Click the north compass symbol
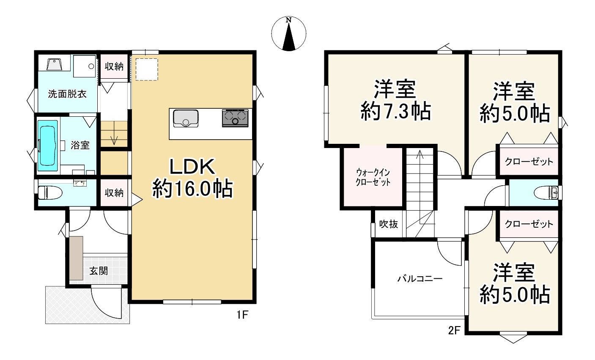tap(289, 34)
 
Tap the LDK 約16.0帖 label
tap(192, 178)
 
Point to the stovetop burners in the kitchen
tap(235, 118)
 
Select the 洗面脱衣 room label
tap(67, 94)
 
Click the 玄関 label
tap(98, 271)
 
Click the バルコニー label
tap(420, 279)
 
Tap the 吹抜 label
tap(388, 224)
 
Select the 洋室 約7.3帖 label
tap(395, 100)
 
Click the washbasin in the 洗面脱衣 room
tap(54, 65)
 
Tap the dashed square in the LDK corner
tap(146, 69)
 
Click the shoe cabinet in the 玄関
tap(77, 258)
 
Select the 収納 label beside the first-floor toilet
tap(114, 193)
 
